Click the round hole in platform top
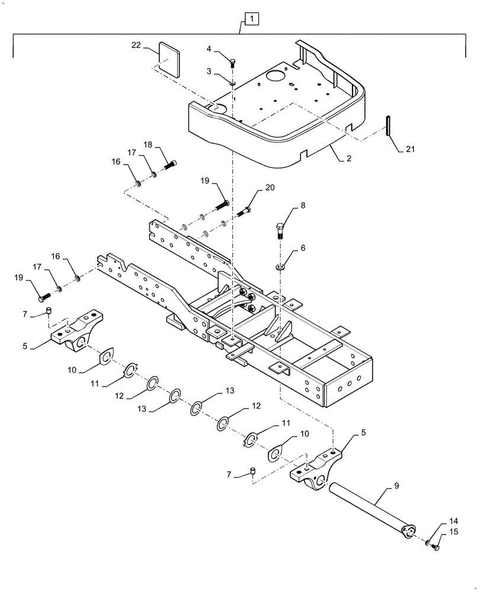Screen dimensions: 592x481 pyautogui.click(x=275, y=77)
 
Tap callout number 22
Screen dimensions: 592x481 pyautogui.click(x=136, y=45)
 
